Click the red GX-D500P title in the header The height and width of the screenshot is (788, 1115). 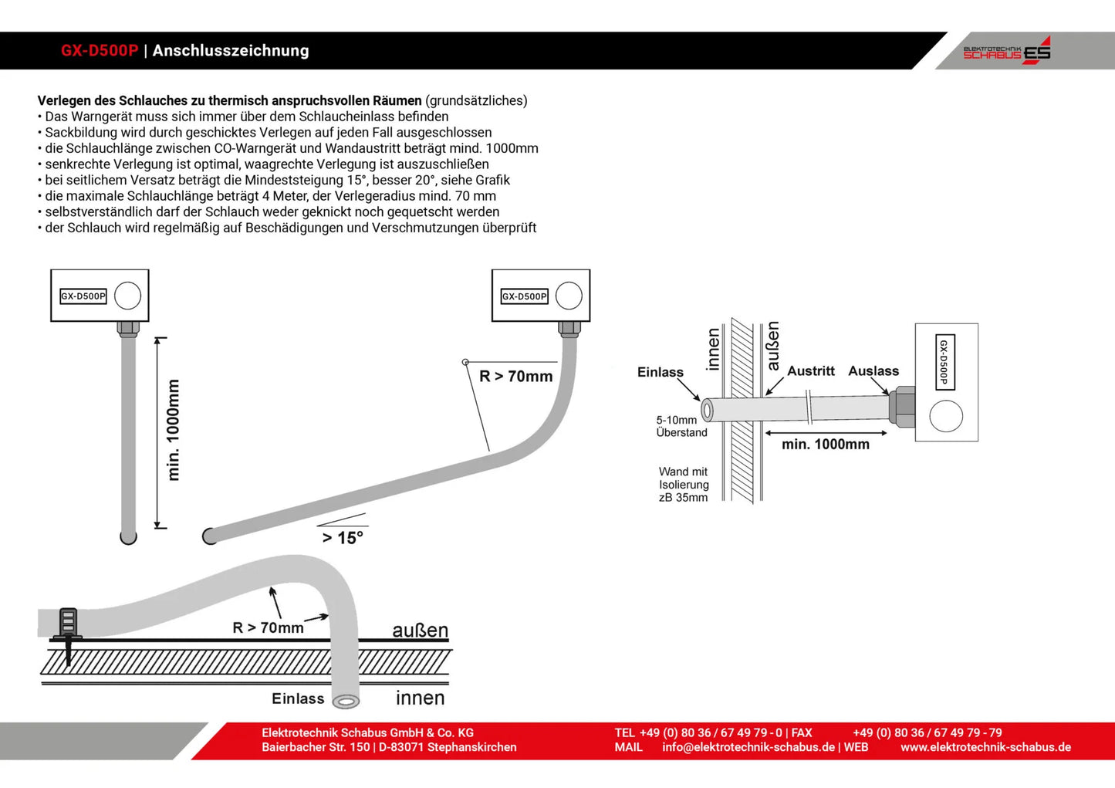[x=100, y=51]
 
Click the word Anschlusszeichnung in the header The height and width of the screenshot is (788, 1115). [x=231, y=51]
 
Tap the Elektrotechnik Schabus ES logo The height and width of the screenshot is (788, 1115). [x=1006, y=51]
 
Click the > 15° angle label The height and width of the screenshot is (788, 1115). [x=343, y=537]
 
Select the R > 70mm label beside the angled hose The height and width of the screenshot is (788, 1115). [x=515, y=377]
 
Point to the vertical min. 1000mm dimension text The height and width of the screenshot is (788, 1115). [x=174, y=430]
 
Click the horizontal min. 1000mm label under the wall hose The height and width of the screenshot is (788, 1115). [x=825, y=445]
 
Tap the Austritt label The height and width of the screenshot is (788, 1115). [x=810, y=371]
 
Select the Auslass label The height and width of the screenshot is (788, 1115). [x=873, y=371]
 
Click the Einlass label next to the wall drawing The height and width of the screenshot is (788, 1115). [x=660, y=372]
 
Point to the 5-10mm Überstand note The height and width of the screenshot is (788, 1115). [x=681, y=426]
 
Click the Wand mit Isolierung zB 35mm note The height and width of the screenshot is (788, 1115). [x=683, y=485]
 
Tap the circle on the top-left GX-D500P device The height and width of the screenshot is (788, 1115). [x=127, y=296]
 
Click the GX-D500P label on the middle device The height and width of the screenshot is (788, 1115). [x=524, y=296]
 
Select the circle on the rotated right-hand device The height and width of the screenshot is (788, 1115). [x=946, y=417]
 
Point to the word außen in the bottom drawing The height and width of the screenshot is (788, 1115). [x=420, y=631]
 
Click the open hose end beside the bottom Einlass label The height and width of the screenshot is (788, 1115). [x=346, y=701]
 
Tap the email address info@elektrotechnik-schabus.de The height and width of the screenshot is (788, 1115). [x=748, y=747]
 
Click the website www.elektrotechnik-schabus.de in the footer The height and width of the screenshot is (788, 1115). [x=985, y=747]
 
